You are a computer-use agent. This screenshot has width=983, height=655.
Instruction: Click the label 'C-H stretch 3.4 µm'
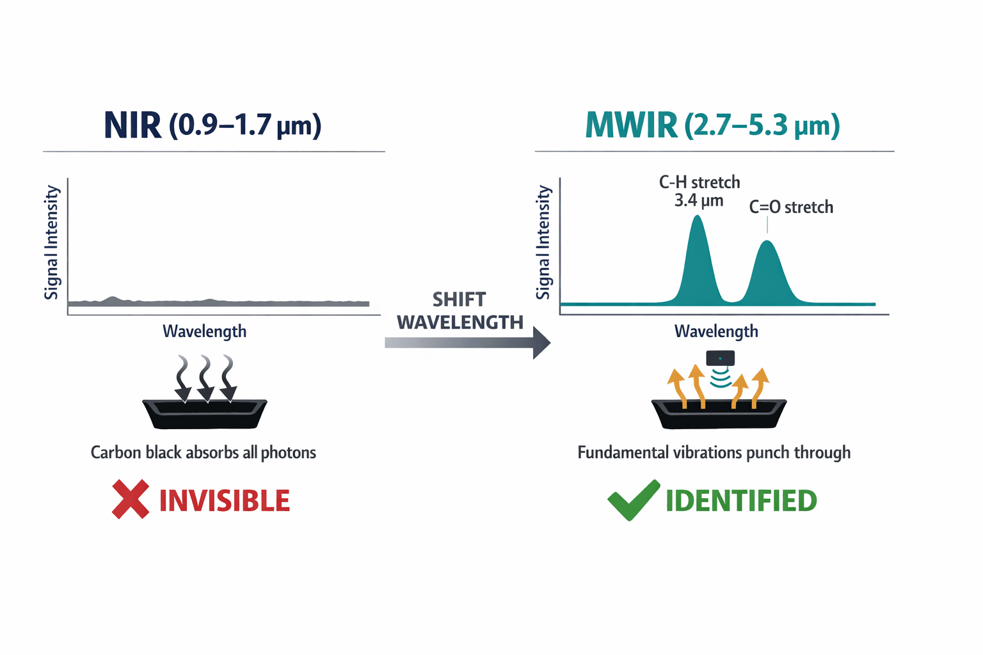click(x=699, y=191)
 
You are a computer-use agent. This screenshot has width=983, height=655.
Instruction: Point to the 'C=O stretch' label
click(x=791, y=207)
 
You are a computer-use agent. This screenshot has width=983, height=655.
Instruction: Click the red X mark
click(x=130, y=499)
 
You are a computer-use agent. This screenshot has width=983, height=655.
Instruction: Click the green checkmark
click(x=633, y=500)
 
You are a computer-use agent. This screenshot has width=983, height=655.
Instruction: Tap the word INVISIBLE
click(x=224, y=501)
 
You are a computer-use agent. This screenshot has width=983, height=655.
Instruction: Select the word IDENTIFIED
click(x=741, y=501)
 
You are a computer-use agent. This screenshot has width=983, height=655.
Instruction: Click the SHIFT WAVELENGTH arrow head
click(x=541, y=343)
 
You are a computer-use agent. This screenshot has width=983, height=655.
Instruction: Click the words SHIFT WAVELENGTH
click(x=460, y=311)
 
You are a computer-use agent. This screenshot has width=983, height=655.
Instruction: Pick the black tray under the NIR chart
click(x=204, y=414)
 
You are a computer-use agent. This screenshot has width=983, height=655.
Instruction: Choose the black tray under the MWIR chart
click(x=718, y=414)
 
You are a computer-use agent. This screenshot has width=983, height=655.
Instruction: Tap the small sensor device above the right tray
click(x=720, y=358)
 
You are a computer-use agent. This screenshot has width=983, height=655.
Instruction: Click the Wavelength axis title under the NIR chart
click(x=204, y=331)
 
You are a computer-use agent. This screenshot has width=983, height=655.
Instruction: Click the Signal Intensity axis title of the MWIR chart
click(x=543, y=242)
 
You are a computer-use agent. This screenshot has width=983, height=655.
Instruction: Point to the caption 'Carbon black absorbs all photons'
click(x=203, y=453)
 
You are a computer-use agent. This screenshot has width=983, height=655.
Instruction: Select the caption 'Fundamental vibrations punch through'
click(x=714, y=453)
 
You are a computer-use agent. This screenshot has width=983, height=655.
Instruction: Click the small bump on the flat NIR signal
click(x=113, y=299)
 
